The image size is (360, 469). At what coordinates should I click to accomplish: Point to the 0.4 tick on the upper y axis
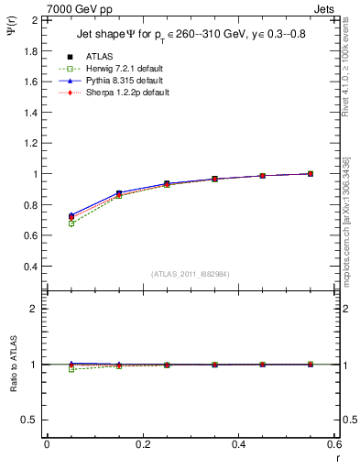[x=30, y=267]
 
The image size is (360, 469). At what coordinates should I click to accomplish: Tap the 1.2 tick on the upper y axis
[x=30, y=143]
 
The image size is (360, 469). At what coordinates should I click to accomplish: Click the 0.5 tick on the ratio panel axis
[x=30, y=420]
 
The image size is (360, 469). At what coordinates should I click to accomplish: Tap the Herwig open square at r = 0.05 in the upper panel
[x=71, y=224]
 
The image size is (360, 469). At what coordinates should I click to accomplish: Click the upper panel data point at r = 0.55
[x=311, y=173]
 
